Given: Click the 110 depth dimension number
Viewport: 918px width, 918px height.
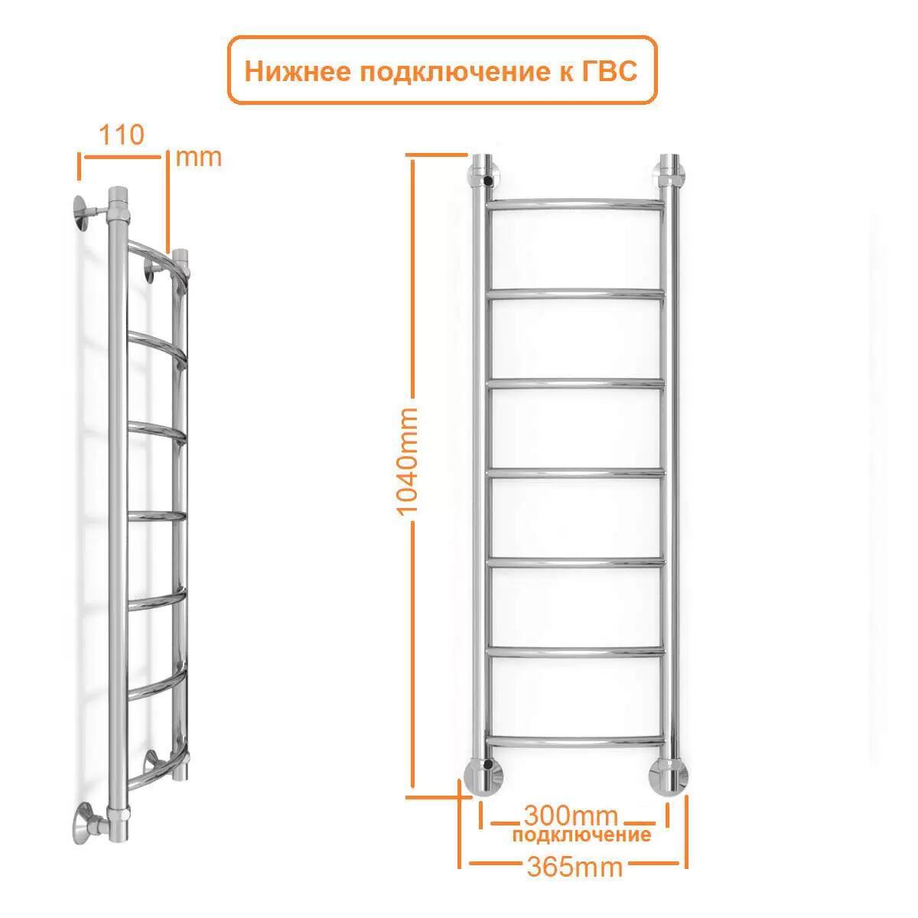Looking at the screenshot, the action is tap(121, 135).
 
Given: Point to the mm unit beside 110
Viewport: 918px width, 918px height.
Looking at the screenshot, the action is tap(199, 158).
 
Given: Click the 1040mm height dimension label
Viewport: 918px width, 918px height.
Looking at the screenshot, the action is tap(407, 461).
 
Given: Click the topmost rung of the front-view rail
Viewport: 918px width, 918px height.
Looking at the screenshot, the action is tap(575, 204).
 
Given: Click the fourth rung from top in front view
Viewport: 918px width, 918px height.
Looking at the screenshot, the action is tap(575, 472).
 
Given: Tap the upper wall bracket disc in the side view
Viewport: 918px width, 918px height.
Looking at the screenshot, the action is tap(81, 213).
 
